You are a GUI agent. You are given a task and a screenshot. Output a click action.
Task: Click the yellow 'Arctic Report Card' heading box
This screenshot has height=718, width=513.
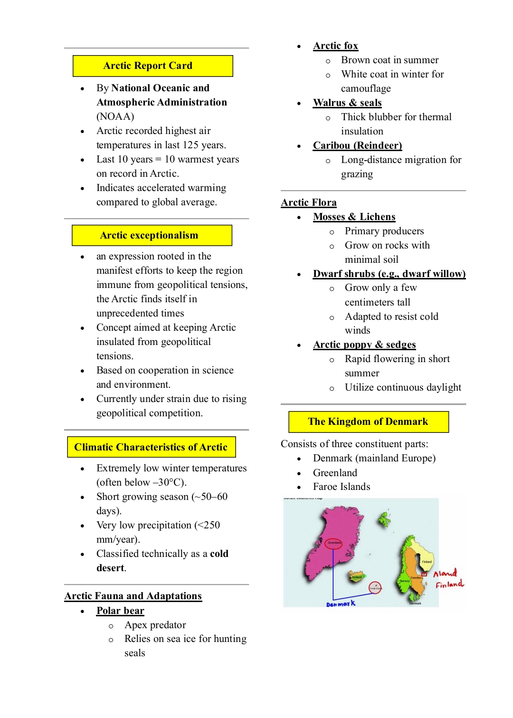pyautogui.click(x=152, y=66)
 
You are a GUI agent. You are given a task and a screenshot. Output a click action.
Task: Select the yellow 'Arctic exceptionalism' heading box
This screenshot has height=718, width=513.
pyautogui.click(x=152, y=235)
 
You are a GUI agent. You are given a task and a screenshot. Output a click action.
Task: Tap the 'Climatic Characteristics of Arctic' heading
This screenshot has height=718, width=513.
pyautogui.click(x=151, y=447)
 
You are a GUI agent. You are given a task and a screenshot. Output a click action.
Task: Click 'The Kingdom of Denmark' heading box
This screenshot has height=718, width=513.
pyautogui.click(x=368, y=421)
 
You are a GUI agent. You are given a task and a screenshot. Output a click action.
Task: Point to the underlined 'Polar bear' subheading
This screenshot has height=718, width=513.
pyautogui.click(x=120, y=611)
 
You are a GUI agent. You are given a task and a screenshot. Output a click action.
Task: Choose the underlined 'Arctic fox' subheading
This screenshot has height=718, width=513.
pyautogui.click(x=335, y=46)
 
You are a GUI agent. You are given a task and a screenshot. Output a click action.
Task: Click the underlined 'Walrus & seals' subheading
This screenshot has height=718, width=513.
pyautogui.click(x=347, y=103)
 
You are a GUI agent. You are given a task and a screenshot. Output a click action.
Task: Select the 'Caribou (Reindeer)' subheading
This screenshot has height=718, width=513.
pyautogui.click(x=357, y=145)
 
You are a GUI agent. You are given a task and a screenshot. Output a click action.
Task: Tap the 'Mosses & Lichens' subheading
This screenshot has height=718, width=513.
pyautogui.click(x=354, y=217)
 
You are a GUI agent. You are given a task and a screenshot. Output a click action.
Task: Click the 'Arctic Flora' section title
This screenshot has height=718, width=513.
pyautogui.click(x=309, y=202)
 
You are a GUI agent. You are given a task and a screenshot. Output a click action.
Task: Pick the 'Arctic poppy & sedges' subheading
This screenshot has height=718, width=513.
pyautogui.click(x=364, y=345)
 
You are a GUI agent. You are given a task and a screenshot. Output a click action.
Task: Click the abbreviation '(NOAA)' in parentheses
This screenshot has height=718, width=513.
pyautogui.click(x=115, y=116)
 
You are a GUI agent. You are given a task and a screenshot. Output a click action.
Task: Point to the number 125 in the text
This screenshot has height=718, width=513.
pyautogui.click(x=190, y=145)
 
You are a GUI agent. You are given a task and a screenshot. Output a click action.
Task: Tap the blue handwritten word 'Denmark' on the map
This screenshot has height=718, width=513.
pyautogui.click(x=341, y=604)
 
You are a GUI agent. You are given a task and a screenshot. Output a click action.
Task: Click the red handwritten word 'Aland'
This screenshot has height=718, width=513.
pyautogui.click(x=445, y=573)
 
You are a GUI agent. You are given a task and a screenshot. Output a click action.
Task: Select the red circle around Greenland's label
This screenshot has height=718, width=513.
pyautogui.click(x=334, y=543)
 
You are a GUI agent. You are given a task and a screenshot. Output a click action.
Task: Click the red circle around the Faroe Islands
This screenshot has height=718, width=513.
pyautogui.click(x=375, y=588)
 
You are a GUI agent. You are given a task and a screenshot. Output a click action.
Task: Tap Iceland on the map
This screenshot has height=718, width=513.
pyautogui.click(x=356, y=576)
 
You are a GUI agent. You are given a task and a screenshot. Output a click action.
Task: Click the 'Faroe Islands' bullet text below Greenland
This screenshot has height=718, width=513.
pyautogui.click(x=341, y=487)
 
